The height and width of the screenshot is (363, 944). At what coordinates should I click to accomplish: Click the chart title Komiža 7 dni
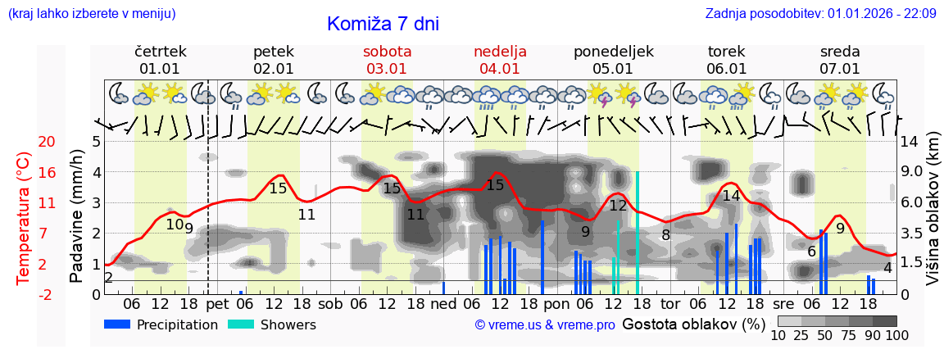[x=383, y=24]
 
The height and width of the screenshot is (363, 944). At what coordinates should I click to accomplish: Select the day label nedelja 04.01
[x=500, y=60]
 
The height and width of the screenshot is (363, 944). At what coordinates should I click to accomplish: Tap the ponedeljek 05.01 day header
[x=613, y=60]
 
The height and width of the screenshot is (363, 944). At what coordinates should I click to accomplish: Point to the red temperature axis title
[x=24, y=218]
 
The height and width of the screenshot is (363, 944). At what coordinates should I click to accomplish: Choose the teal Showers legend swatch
[x=240, y=324]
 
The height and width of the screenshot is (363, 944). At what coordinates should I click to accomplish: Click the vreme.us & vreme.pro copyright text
[x=545, y=325]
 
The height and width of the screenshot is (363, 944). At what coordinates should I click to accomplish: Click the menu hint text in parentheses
[x=91, y=13]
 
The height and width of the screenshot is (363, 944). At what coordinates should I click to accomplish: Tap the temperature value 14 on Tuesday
[x=731, y=196]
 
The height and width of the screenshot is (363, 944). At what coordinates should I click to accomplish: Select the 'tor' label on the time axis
[x=670, y=304]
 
